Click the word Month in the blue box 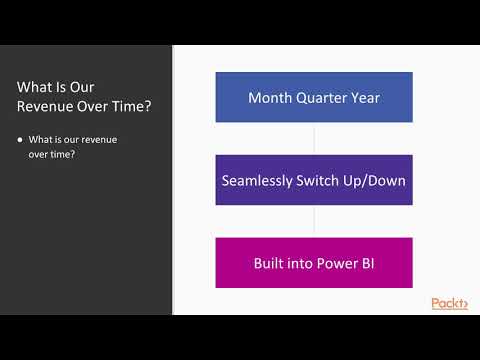click(x=270, y=98)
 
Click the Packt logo click(x=449, y=303)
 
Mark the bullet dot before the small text click(x=21, y=139)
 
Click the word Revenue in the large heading click(x=45, y=106)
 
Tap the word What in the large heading click(x=38, y=86)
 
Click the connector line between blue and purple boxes click(x=314, y=138)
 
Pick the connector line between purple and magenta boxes click(x=314, y=221)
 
